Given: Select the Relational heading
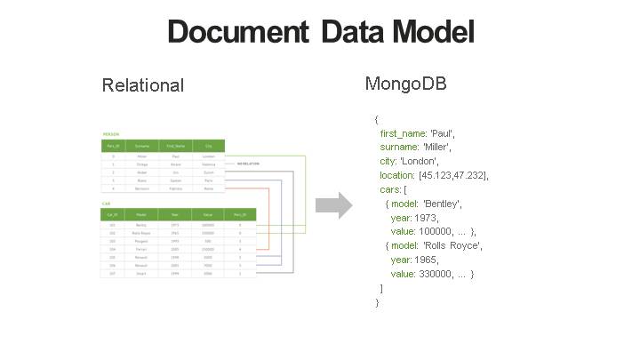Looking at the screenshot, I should pyautogui.click(x=143, y=85).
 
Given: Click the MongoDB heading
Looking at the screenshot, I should pyautogui.click(x=405, y=84).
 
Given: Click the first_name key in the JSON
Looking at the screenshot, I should pyautogui.click(x=404, y=132).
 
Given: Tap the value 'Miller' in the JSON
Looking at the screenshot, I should pyautogui.click(x=436, y=147).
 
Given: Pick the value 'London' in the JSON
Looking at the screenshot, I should pyautogui.click(x=420, y=161).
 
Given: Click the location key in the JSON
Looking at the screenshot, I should pyautogui.click(x=396, y=175).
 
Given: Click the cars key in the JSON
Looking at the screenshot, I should pyautogui.click(x=389, y=189).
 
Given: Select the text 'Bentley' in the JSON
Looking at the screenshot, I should pyautogui.click(x=442, y=204).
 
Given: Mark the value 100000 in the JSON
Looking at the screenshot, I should pyautogui.click(x=436, y=231).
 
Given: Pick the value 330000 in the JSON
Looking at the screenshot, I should pyautogui.click(x=436, y=274).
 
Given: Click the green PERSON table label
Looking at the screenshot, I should pyautogui.click(x=111, y=133).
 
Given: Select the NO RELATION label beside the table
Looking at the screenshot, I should pyautogui.click(x=248, y=164).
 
